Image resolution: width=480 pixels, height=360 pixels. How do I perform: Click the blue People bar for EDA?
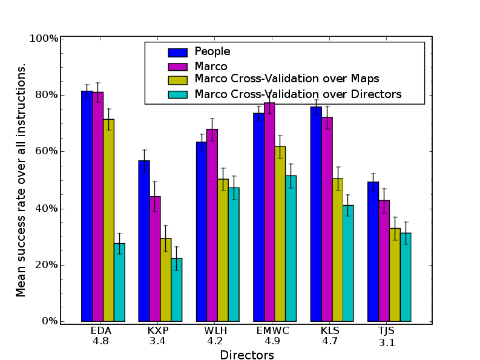click(x=87, y=206)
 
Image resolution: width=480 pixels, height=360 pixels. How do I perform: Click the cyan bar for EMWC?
click(x=291, y=248)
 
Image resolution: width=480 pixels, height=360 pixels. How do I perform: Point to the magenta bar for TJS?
click(x=384, y=260)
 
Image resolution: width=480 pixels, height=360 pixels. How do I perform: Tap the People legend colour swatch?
click(x=178, y=51)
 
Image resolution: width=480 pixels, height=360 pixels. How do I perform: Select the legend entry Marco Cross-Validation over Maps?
click(x=287, y=79)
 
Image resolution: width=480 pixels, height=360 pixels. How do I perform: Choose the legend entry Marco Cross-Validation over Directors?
click(x=298, y=94)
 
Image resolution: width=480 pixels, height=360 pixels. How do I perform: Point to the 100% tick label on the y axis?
click(x=44, y=38)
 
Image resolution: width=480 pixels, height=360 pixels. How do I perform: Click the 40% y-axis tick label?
click(x=47, y=208)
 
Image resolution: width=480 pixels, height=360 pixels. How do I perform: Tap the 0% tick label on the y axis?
click(x=49, y=321)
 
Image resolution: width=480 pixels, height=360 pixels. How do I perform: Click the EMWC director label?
click(x=274, y=330)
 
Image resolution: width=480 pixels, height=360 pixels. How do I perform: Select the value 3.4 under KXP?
click(x=157, y=341)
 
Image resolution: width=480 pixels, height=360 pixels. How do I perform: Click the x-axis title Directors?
click(x=247, y=355)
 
